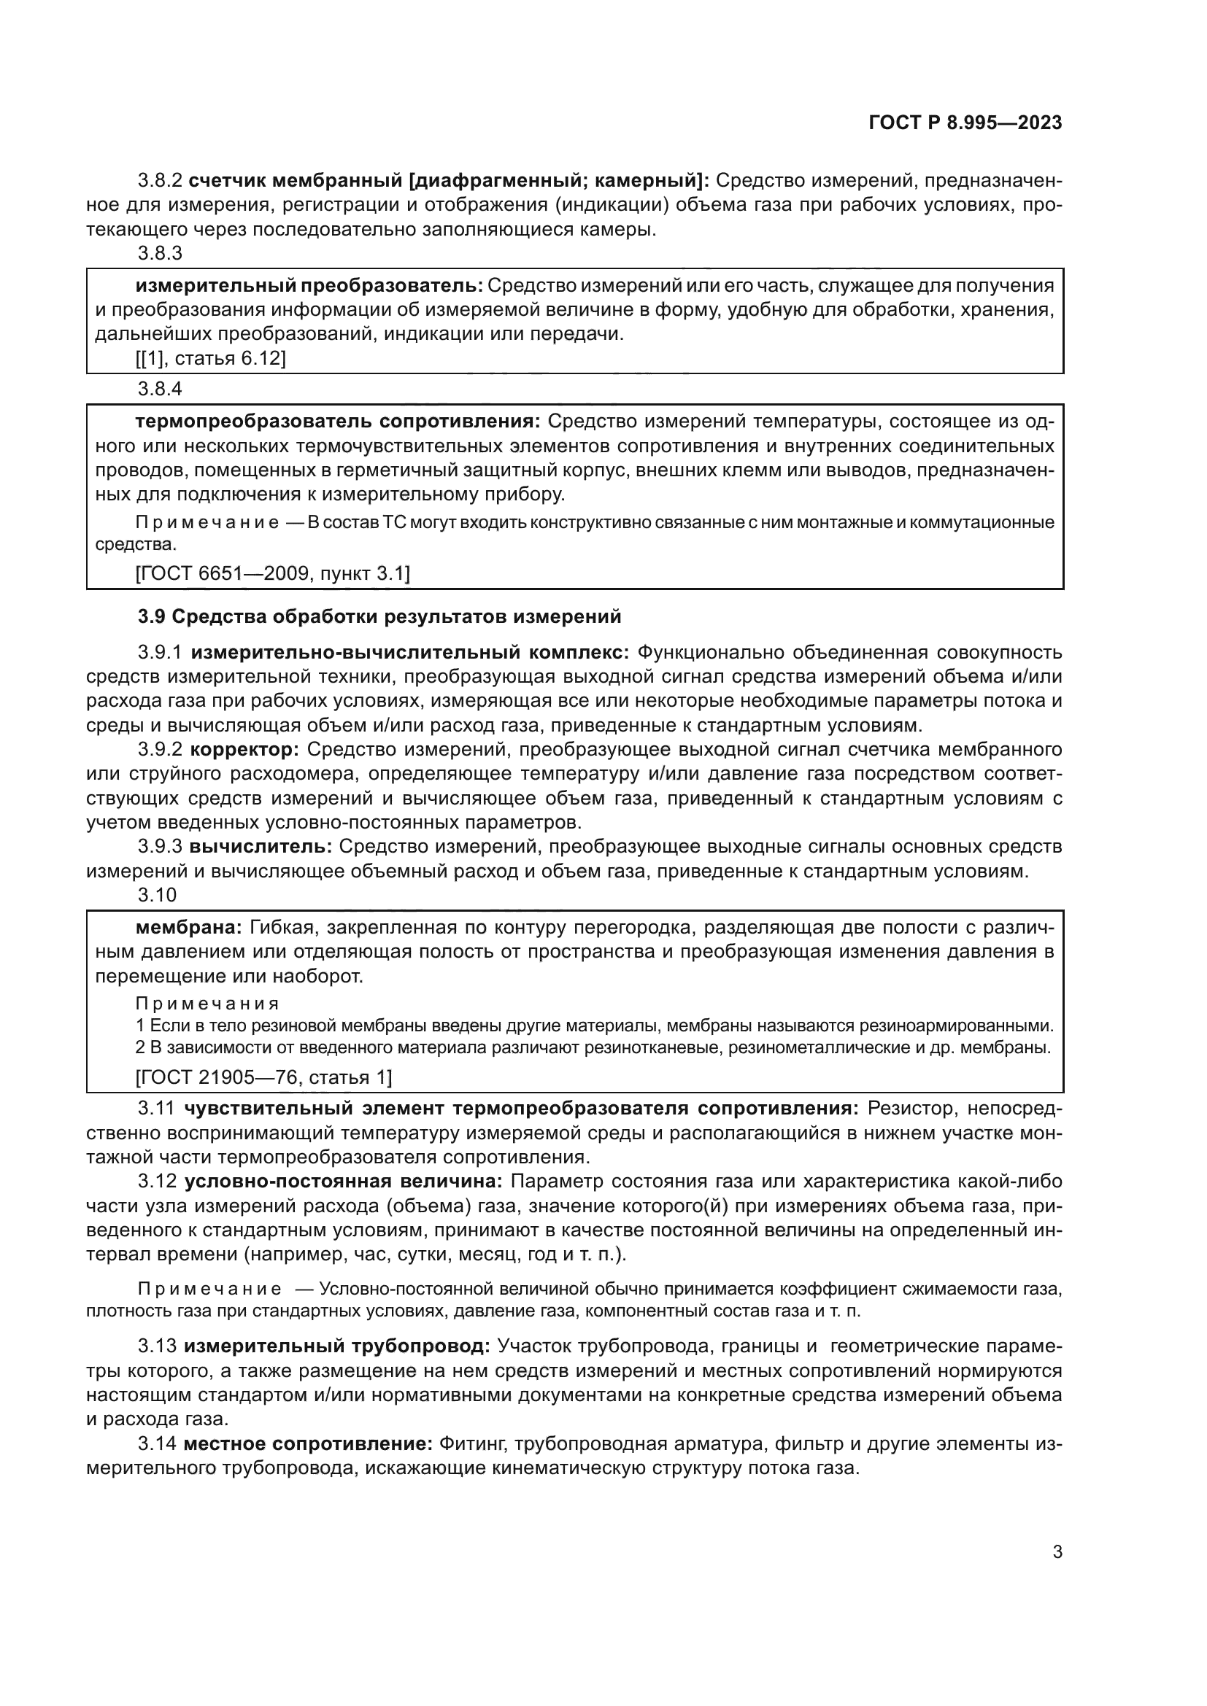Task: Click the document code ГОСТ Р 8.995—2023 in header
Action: click(965, 123)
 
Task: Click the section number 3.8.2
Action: click(160, 181)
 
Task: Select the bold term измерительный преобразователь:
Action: click(309, 285)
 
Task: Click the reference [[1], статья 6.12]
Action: click(210, 358)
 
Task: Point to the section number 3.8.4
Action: click(160, 389)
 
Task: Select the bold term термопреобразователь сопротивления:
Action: click(338, 422)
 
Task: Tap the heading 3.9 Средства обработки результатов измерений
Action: click(379, 617)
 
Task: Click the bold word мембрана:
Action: click(189, 927)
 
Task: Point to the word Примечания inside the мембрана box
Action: click(207, 1004)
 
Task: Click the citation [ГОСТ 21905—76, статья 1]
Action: click(263, 1077)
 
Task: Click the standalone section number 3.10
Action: click(157, 895)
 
